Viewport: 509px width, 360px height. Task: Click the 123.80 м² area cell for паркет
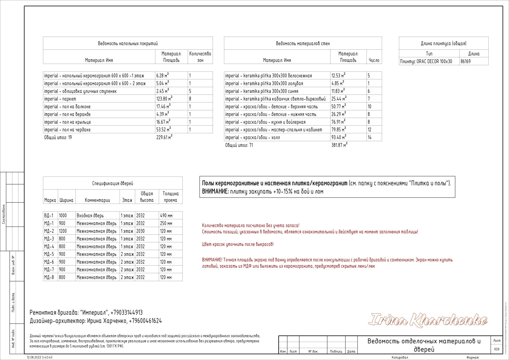pos(164,99)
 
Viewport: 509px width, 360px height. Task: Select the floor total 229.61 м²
pos(164,137)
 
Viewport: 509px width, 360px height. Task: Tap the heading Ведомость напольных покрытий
pos(128,44)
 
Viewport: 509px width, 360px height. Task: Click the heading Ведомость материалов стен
pos(303,44)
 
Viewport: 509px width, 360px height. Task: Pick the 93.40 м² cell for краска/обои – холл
pos(338,137)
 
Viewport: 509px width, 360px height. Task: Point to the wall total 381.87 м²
pos(339,145)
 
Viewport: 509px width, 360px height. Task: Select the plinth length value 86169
pos(465,61)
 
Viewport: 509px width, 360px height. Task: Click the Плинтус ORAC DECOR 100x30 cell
pos(426,61)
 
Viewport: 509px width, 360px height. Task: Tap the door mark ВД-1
pos(49,216)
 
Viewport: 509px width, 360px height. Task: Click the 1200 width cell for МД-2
pos(63,231)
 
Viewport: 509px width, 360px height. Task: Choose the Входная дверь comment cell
pos(90,216)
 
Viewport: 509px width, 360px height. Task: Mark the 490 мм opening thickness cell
pos(166,216)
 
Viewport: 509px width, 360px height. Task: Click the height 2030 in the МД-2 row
pos(140,231)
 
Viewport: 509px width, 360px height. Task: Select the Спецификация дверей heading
pos(113,183)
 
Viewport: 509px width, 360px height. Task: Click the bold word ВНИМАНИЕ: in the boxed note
pos(215,191)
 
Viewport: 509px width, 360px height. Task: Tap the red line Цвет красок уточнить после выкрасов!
pos(238,244)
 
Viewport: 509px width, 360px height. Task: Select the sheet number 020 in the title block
pos(497,349)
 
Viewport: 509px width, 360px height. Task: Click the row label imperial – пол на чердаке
pos(67,130)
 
